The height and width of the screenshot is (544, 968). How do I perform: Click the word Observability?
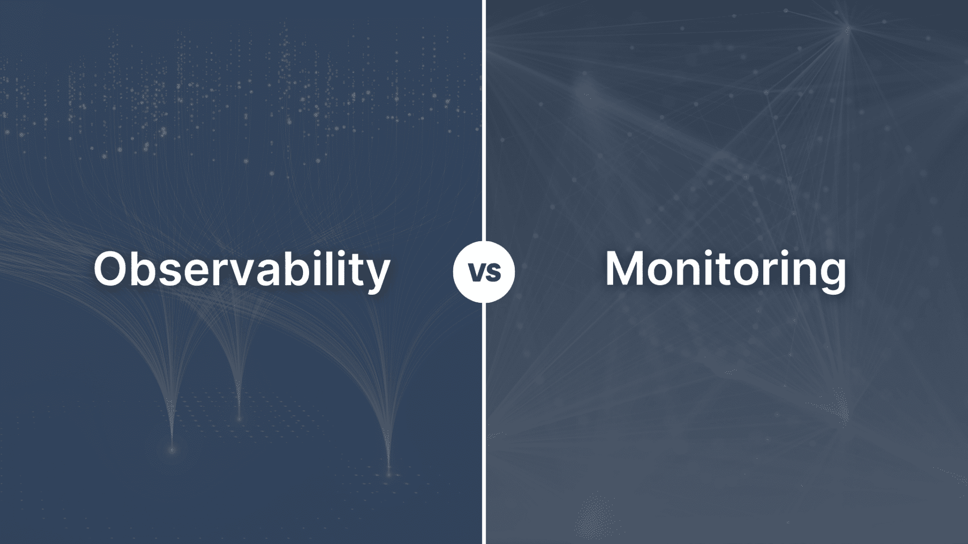242,269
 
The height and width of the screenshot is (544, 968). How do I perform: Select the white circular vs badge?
484,271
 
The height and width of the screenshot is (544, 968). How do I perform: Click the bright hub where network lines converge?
848,29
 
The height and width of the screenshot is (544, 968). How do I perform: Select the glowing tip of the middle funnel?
239,418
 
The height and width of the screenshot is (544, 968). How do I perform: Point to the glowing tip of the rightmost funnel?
389,474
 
